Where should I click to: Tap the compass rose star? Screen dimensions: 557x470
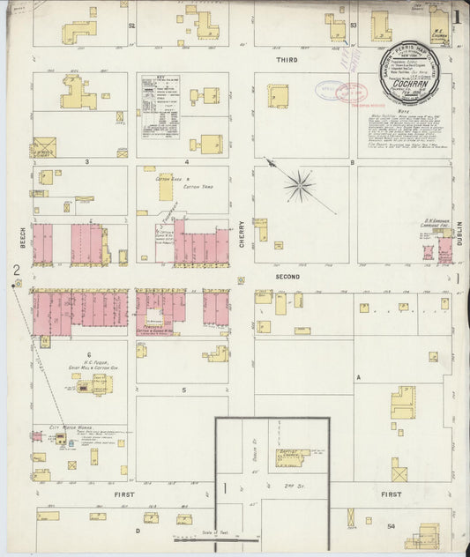pos(300,185)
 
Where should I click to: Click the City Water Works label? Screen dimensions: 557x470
pos(68,427)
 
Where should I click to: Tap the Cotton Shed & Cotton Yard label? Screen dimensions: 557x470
pos(172,183)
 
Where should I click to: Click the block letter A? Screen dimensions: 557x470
pos(358,376)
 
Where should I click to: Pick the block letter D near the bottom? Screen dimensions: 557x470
pos(138,531)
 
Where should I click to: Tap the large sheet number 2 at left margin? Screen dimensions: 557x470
pos(15,270)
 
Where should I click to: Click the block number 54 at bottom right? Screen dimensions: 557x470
pos(391,526)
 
